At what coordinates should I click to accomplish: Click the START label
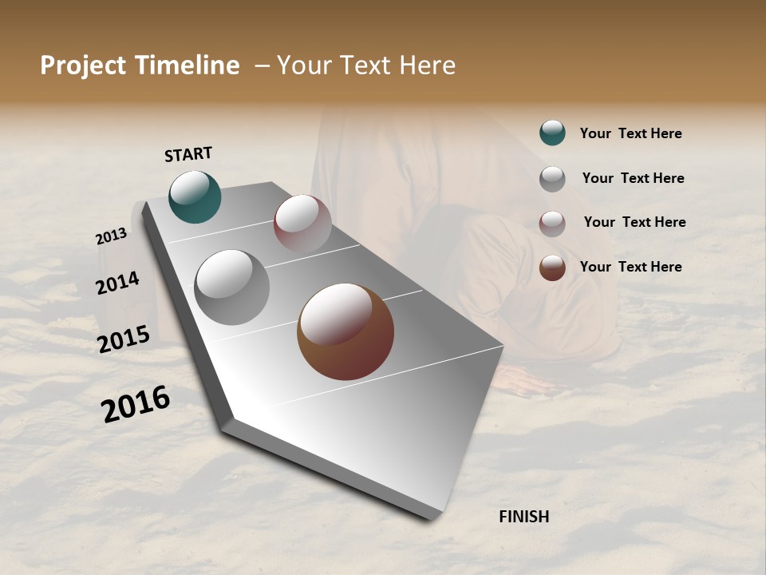point(188,154)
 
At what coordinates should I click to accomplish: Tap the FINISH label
point(523,517)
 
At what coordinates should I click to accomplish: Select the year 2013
point(111,236)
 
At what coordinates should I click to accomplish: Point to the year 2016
point(136,404)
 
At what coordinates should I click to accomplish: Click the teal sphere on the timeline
point(195,196)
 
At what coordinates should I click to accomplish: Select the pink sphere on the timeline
point(302,224)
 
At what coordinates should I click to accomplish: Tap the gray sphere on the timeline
point(231,287)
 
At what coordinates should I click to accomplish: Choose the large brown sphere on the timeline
point(345,331)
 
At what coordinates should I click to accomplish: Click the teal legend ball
point(552,133)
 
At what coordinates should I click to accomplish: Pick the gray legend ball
point(552,179)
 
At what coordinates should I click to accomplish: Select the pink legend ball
point(552,224)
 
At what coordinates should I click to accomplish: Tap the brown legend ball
point(552,268)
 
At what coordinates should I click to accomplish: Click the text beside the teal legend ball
point(630,133)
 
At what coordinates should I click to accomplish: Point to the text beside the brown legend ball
point(630,267)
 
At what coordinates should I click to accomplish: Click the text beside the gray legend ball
point(633,178)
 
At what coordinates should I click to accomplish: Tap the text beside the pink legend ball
point(634,222)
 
